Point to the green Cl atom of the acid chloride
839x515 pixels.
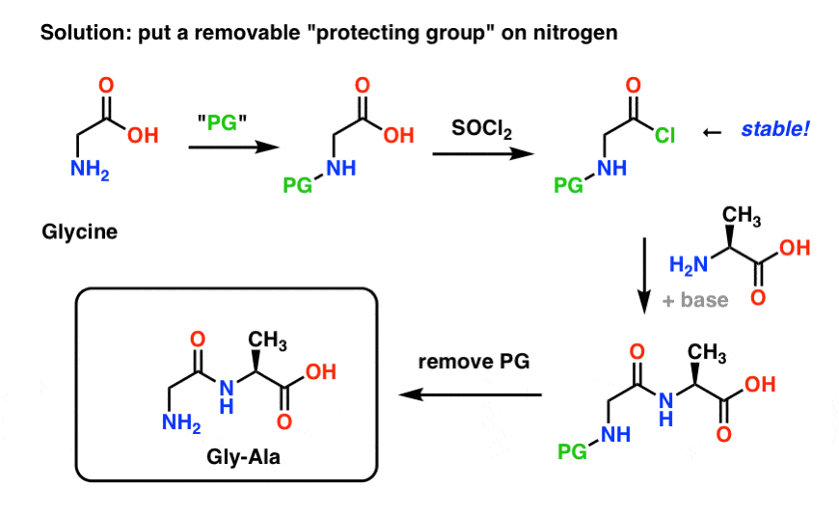664,137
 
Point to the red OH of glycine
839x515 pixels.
143,135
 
